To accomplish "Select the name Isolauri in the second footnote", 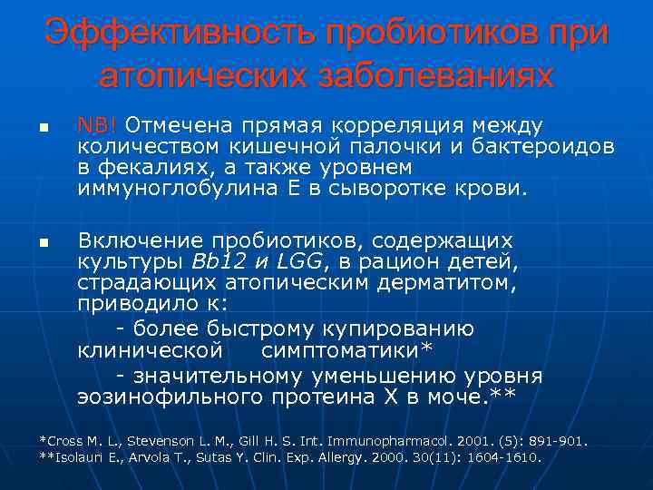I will (x=80, y=457).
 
